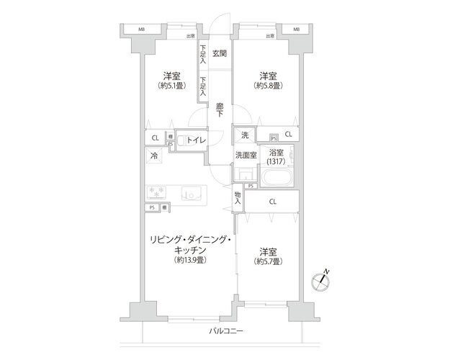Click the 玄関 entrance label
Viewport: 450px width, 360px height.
[220, 53]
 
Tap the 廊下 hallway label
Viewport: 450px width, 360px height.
[220, 111]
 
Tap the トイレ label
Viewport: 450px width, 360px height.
[197, 140]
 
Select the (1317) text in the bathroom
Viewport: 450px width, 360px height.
[276, 163]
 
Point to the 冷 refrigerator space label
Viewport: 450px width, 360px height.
[153, 156]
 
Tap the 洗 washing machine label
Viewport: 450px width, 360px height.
[244, 135]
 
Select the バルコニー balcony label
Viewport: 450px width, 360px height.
[226, 331]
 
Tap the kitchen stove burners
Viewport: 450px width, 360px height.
[157, 192]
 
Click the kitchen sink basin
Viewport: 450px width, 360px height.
[190, 192]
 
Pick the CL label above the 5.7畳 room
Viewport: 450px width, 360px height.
[272, 202]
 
